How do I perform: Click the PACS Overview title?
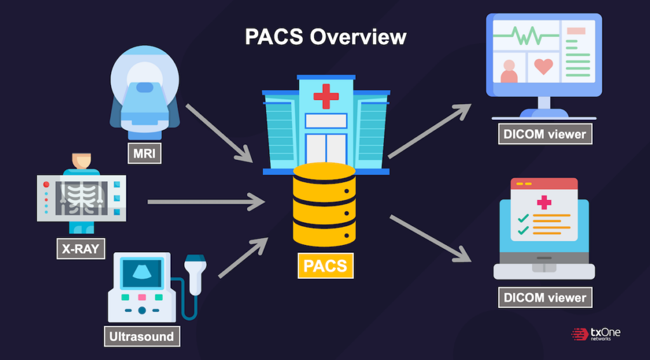click(325, 36)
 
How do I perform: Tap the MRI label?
click(144, 153)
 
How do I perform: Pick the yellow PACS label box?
click(325, 265)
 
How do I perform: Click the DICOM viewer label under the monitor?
click(545, 133)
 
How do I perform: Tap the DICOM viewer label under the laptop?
click(545, 298)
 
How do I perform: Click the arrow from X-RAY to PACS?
click(206, 203)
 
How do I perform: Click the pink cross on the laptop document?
click(543, 203)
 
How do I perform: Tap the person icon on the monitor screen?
click(509, 72)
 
